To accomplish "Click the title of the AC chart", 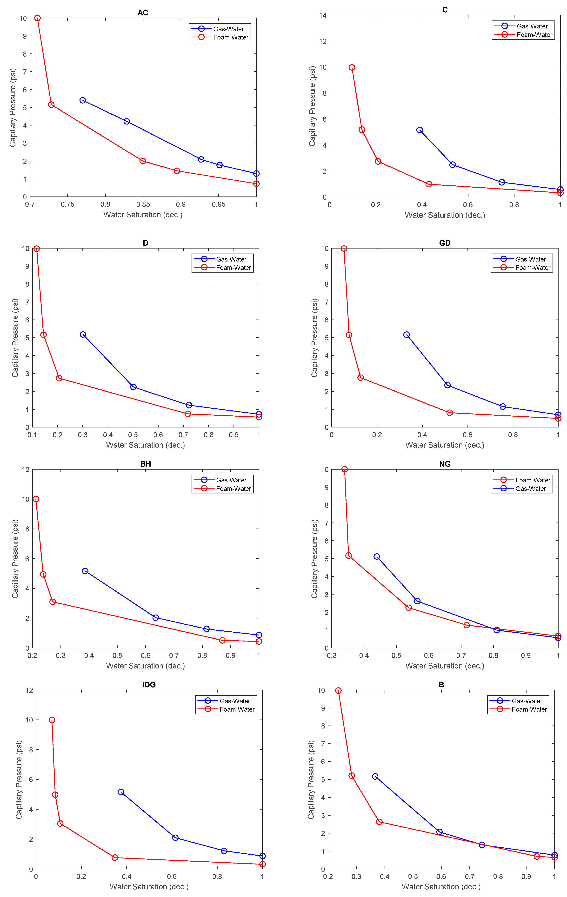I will coord(143,13).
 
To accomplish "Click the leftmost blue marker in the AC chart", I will coord(83,100).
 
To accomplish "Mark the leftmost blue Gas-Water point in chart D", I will coord(83,334).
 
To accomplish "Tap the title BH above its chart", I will coord(145,464).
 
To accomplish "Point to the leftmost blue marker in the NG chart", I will coord(376,557).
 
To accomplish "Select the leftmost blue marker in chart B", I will coord(375,776).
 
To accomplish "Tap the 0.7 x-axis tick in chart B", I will coord(470,877).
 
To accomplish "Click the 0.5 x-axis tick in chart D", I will coord(133,435).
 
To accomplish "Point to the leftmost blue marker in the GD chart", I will coord(406,334).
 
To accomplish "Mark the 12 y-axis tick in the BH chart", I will coord(25,469).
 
